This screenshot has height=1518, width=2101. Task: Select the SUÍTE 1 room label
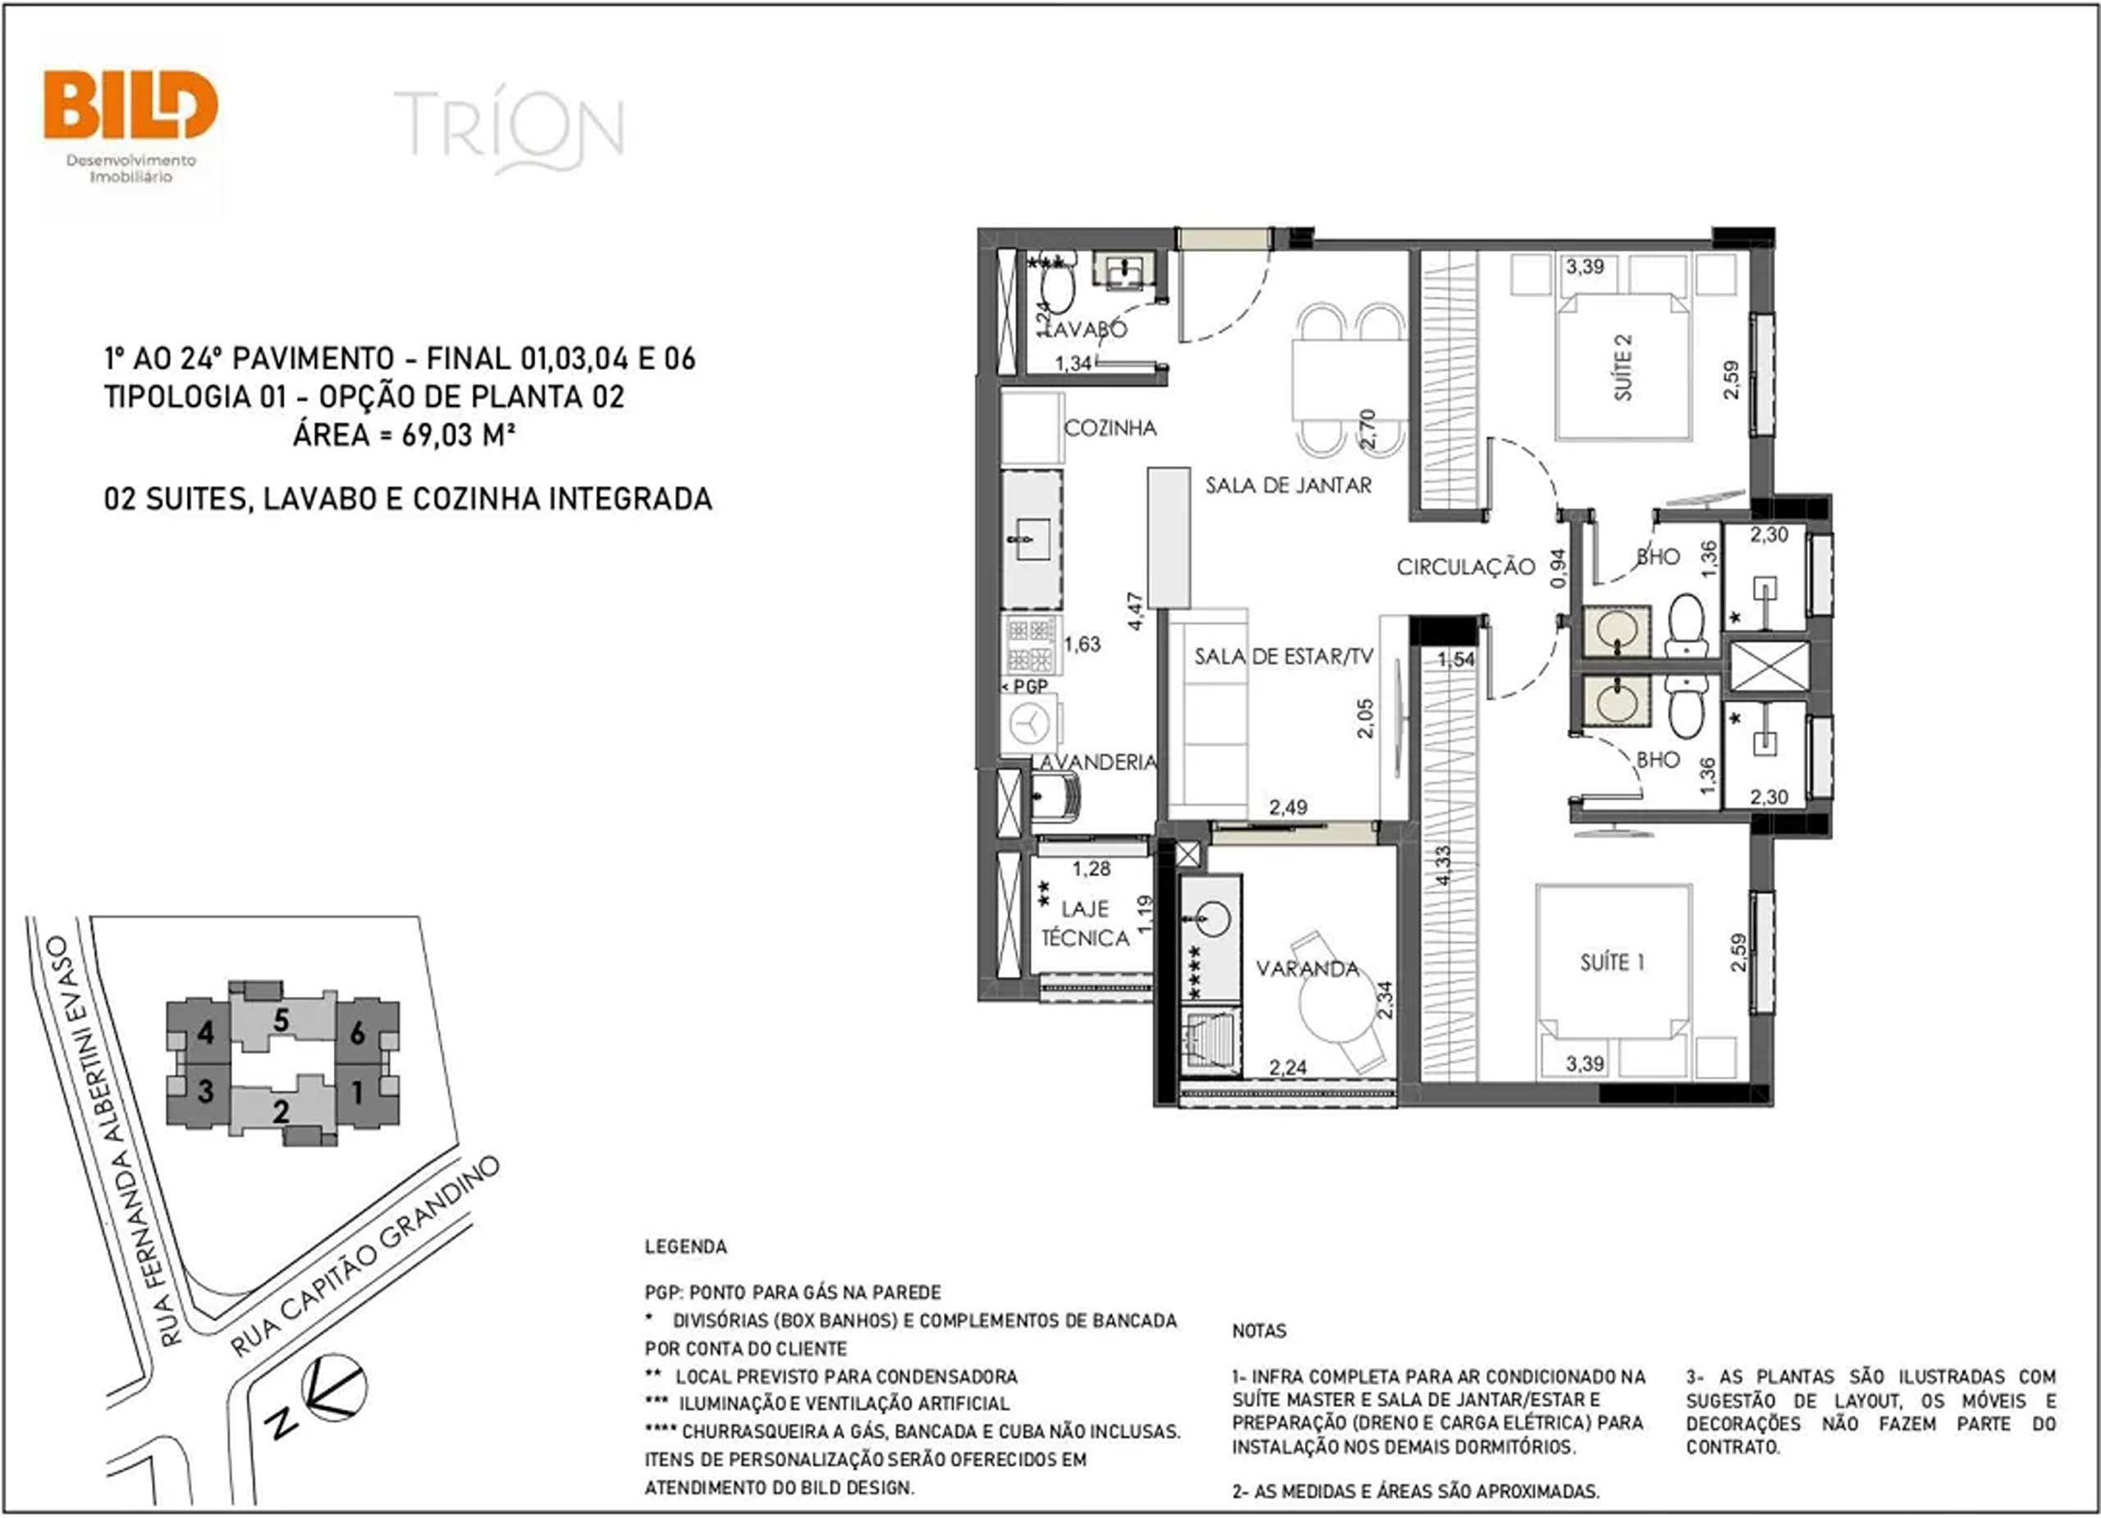1612,962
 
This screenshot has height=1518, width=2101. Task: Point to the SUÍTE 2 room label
1623,368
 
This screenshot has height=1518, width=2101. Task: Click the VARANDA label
1307,969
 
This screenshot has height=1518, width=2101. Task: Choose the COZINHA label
1110,428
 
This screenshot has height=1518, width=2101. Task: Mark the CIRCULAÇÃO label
1466,567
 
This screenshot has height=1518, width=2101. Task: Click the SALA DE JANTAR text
1288,485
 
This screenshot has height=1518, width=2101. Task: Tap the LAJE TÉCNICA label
1085,923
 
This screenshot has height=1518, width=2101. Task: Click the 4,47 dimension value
1136,611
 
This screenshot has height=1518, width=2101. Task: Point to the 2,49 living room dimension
1288,807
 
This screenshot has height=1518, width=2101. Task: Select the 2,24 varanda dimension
1288,1068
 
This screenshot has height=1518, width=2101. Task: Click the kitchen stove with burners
1031,645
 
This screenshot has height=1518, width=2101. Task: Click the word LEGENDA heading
685,1246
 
